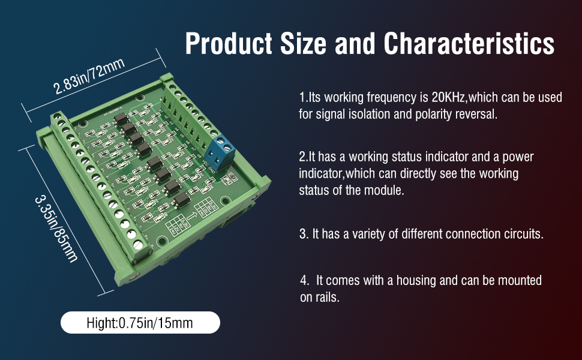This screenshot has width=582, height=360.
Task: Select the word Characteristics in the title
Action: (x=469, y=44)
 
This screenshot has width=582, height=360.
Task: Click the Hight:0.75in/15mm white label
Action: (x=140, y=323)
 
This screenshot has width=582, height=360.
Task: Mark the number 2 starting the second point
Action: (x=302, y=157)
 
